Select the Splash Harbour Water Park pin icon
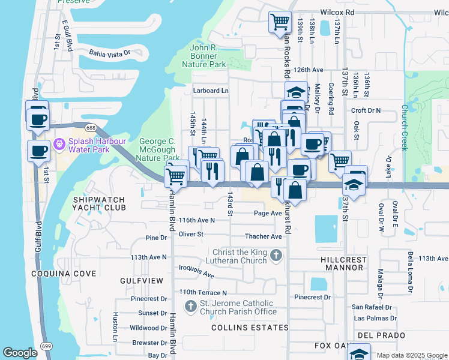[x=59, y=145]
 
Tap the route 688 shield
[x=91, y=127]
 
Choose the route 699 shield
[x=46, y=346]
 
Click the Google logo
[x=20, y=353]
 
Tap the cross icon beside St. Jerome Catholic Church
[x=191, y=307]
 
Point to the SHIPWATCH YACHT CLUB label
[x=100, y=203]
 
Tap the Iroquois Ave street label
[x=196, y=271]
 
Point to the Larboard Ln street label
[x=211, y=91]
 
